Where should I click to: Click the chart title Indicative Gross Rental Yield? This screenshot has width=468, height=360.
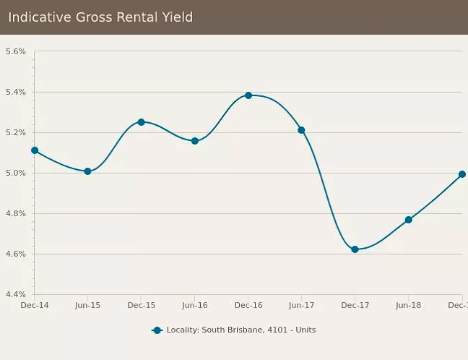point(100,17)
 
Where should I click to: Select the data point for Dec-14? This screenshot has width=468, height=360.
point(35,150)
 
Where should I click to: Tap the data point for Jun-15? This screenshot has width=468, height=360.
point(87,171)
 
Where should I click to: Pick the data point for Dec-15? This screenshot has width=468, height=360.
point(141,122)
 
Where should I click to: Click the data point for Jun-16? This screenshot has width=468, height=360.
point(195,141)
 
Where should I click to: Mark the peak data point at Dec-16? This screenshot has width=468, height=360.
point(248,95)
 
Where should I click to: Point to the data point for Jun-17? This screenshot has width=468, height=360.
point(301,130)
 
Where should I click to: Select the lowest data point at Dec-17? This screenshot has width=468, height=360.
point(355,249)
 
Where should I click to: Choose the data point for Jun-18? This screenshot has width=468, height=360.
point(408,220)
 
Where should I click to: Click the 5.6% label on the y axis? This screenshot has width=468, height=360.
point(16,52)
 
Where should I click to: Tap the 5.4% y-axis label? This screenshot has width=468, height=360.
point(16,93)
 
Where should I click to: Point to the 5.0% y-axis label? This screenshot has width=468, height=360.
point(16,173)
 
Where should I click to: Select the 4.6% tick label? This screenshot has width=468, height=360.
point(16,254)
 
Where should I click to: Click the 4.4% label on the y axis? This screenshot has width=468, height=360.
point(16,295)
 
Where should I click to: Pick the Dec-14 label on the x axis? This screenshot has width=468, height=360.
point(35,306)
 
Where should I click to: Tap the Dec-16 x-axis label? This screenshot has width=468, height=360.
point(248,306)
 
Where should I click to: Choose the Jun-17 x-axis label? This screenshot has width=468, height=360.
point(301,306)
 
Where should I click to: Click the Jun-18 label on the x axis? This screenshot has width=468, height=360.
point(408,306)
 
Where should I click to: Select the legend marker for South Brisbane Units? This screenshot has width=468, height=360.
point(157,330)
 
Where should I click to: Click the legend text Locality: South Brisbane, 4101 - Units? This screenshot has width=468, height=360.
point(241,330)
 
